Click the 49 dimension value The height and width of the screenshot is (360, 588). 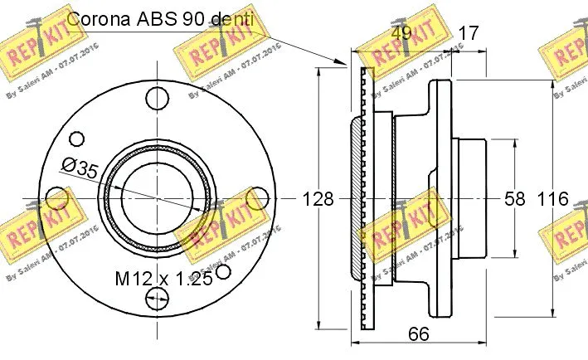pyautogui.click(x=402, y=33)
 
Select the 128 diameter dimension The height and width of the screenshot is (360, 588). pyautogui.click(x=318, y=199)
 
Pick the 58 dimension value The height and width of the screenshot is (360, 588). pyautogui.click(x=515, y=199)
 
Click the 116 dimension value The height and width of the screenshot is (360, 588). pyautogui.click(x=552, y=199)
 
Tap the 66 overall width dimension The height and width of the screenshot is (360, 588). pyautogui.click(x=419, y=334)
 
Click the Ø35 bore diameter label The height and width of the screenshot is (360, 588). pyautogui.click(x=80, y=169)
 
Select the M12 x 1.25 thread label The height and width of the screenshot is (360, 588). pyautogui.click(x=163, y=278)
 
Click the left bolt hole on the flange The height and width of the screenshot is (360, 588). pyautogui.click(x=57, y=198)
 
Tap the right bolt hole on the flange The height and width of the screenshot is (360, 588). pyautogui.click(x=259, y=198)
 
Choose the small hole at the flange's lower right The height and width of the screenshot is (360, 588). pyautogui.click(x=222, y=271)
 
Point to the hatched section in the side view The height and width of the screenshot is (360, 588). pyautogui.click(x=357, y=199)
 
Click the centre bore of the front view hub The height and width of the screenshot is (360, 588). pyautogui.click(x=158, y=198)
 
